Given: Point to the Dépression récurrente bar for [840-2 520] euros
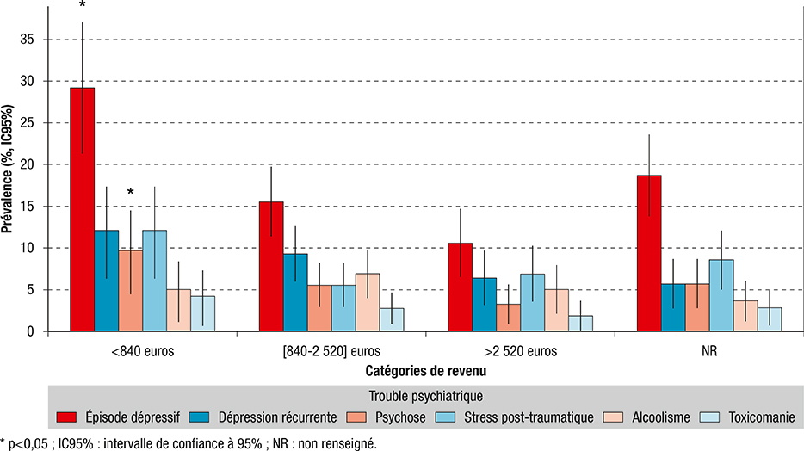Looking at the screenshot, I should tap(295, 293).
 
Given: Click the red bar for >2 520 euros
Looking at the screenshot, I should tap(461, 287).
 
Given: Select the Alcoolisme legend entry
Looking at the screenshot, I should tap(661, 417).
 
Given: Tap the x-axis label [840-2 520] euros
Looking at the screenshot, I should tap(319, 350).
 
